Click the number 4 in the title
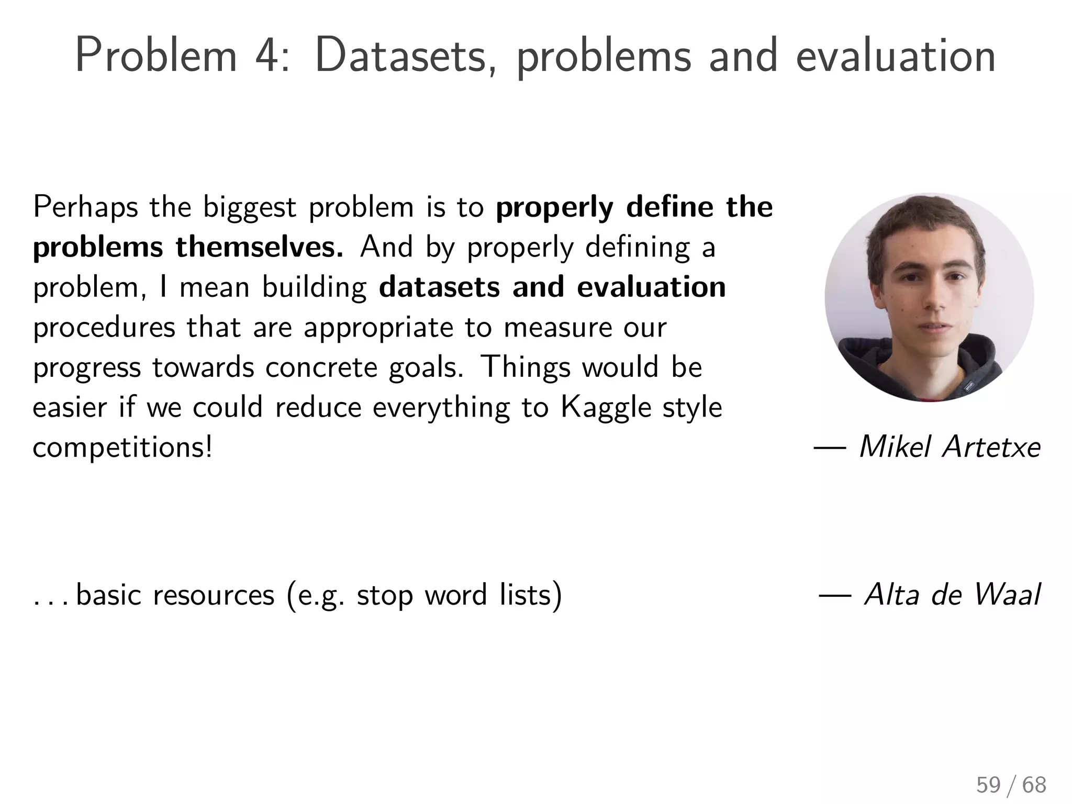pos(268,55)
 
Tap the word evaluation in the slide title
pos(895,55)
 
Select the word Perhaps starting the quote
pos(85,207)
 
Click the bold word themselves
pos(259,247)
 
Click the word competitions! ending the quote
pos(122,448)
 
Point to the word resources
pos(214,596)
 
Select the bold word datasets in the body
pos(439,287)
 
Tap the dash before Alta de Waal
pos(835,596)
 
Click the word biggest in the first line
pos(250,207)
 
